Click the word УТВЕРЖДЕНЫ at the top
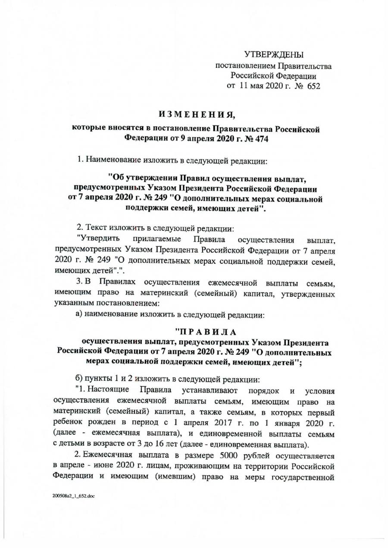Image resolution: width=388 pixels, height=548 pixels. [274, 54]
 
